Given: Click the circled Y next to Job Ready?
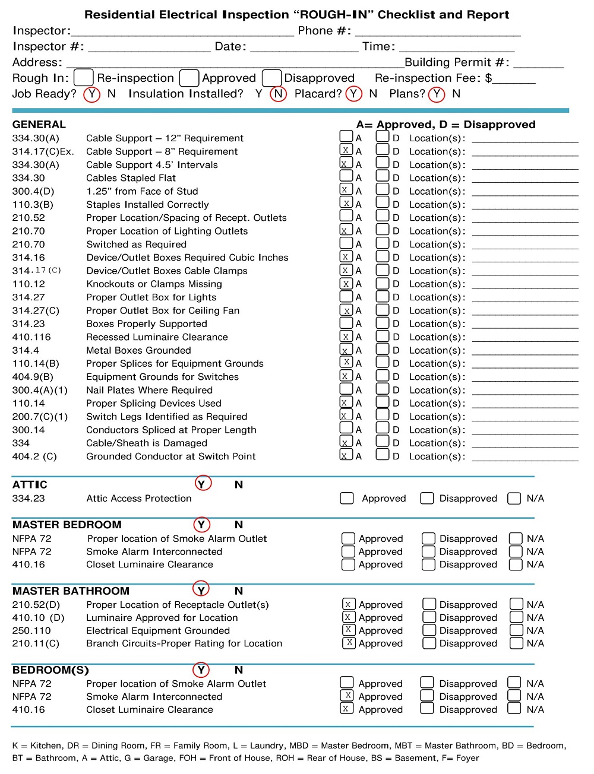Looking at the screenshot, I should tap(91, 94).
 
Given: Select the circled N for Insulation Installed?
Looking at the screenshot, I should tap(278, 94).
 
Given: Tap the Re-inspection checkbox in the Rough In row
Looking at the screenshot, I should tap(83, 78).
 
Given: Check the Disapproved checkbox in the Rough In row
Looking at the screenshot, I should tap(271, 78).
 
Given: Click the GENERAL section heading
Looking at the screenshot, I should tap(39, 125).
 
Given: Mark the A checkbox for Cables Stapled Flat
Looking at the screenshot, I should tap(346, 176).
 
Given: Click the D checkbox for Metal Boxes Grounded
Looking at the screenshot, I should tap(383, 350).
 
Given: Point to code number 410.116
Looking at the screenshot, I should tap(31, 337).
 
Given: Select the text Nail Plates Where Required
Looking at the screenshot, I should tap(149, 390).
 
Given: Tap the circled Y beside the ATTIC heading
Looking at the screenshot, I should tap(203, 484).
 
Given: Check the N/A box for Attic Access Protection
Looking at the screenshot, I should tap(514, 499).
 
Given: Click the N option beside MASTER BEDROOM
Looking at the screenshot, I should tap(239, 525).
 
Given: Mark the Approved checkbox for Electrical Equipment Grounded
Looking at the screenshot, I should tap(349, 630).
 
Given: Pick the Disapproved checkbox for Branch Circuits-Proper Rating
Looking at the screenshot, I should tap(429, 643).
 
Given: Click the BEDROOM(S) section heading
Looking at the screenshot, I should tap(50, 670).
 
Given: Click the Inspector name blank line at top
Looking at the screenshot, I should tap(182, 31).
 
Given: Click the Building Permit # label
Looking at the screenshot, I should tap(456, 62).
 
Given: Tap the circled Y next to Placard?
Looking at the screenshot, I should tap(354, 94).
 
